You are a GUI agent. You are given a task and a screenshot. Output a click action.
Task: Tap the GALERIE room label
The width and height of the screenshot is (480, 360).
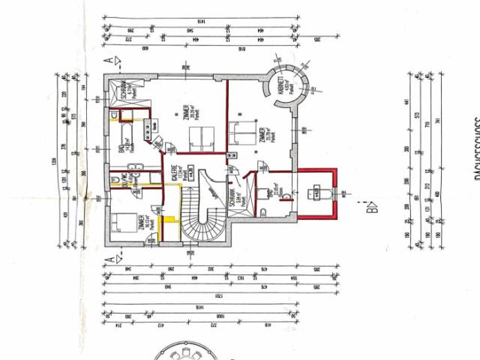(173, 175)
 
